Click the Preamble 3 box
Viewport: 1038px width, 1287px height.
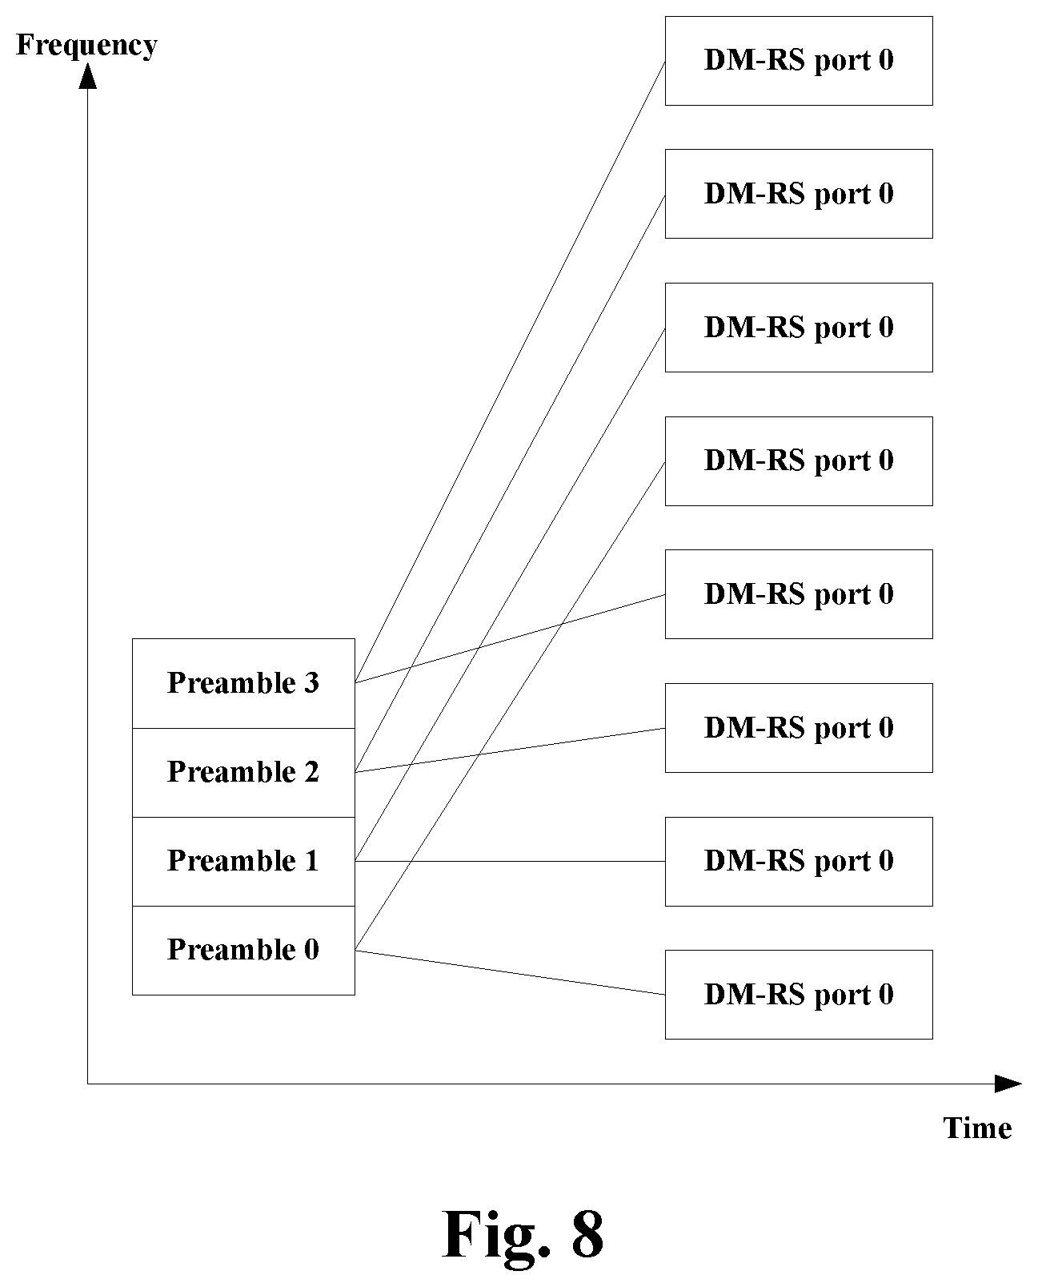point(243,683)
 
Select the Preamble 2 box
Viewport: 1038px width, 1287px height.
point(243,773)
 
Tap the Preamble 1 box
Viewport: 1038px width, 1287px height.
point(243,862)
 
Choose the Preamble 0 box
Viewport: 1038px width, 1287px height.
point(243,951)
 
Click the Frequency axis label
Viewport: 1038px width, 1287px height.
point(87,46)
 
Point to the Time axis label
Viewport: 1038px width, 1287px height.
point(978,1128)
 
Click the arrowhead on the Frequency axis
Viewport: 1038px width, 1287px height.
point(87,75)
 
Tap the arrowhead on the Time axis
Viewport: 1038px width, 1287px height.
point(1008,1084)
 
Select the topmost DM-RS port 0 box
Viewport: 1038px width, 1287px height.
point(799,61)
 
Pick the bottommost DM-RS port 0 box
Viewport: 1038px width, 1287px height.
point(799,995)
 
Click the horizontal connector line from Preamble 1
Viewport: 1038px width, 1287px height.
point(511,861)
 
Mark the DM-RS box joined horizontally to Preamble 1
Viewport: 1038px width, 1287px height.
point(799,862)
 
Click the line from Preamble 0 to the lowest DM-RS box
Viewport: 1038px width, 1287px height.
point(511,972)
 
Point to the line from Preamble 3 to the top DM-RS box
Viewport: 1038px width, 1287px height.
point(511,372)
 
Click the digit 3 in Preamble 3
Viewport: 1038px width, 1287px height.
point(311,683)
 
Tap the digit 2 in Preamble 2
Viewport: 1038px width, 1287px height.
point(311,771)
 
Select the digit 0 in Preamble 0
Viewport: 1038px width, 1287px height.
point(311,949)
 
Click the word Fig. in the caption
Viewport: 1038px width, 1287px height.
point(496,1236)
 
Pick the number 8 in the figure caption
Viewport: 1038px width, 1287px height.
point(587,1234)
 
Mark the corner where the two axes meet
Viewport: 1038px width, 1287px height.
point(87,1084)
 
